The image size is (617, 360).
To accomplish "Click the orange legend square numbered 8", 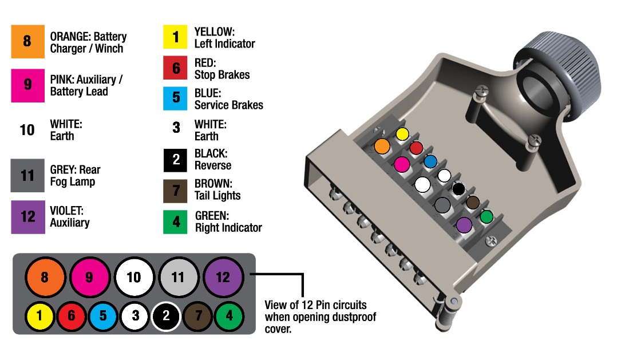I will coord(27,41).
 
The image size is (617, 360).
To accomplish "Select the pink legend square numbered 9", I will coord(27,85).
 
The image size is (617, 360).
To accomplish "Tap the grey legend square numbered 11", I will coord(27,175).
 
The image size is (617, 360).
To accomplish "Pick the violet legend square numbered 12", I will coord(27,217).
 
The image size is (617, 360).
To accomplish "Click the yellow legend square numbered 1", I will coord(176,38).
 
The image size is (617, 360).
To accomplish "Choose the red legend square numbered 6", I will coord(176,69).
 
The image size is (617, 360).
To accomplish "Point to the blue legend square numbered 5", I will coord(176,98).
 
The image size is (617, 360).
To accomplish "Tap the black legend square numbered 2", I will coord(176,160).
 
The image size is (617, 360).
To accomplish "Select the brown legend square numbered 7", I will coord(176,189).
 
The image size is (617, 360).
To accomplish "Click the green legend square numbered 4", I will coord(176,221).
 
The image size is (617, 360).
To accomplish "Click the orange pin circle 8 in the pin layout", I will coord(45,278).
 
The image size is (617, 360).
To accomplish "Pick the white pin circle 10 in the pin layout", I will coord(134,278).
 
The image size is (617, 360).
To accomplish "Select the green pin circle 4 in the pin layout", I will coord(229,315).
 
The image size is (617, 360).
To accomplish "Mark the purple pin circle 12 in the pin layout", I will coord(223,278).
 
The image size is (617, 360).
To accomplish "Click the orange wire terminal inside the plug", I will coord(382,146).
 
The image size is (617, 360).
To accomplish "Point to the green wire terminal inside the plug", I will coord(487,217).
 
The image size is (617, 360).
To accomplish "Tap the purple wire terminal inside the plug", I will coord(464,225).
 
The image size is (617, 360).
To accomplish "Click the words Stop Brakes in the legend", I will coord(222,75).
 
